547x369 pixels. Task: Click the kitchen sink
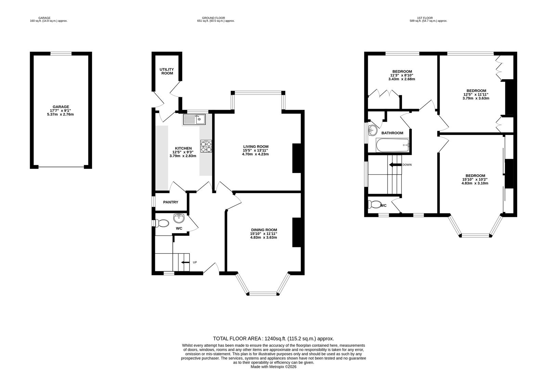(x=194, y=119)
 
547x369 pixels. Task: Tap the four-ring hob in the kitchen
(x=206, y=146)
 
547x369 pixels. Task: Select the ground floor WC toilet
(x=162, y=223)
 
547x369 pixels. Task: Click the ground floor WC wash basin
(x=179, y=217)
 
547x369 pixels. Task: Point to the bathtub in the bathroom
(x=392, y=145)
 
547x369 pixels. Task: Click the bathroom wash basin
(x=372, y=130)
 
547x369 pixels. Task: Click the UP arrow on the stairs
(x=185, y=262)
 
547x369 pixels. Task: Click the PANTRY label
(x=170, y=202)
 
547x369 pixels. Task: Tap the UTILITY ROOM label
(x=167, y=71)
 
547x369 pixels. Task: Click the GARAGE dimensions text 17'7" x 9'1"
(x=61, y=110)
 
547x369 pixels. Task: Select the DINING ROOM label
(x=263, y=230)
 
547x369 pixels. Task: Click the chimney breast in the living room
(x=296, y=158)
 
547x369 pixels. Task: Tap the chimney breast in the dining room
(x=296, y=232)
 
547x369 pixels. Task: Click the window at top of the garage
(x=61, y=53)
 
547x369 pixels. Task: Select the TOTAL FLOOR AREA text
(x=273, y=339)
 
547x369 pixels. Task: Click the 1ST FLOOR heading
(x=428, y=18)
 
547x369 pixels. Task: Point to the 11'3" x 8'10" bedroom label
(x=402, y=71)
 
